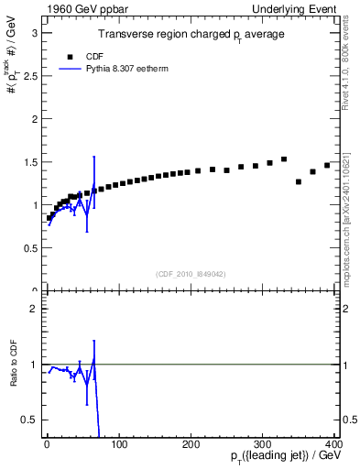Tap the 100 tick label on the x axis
pyautogui.click(x=119, y=444)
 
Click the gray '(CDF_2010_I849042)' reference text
pyautogui.click(x=191, y=275)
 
